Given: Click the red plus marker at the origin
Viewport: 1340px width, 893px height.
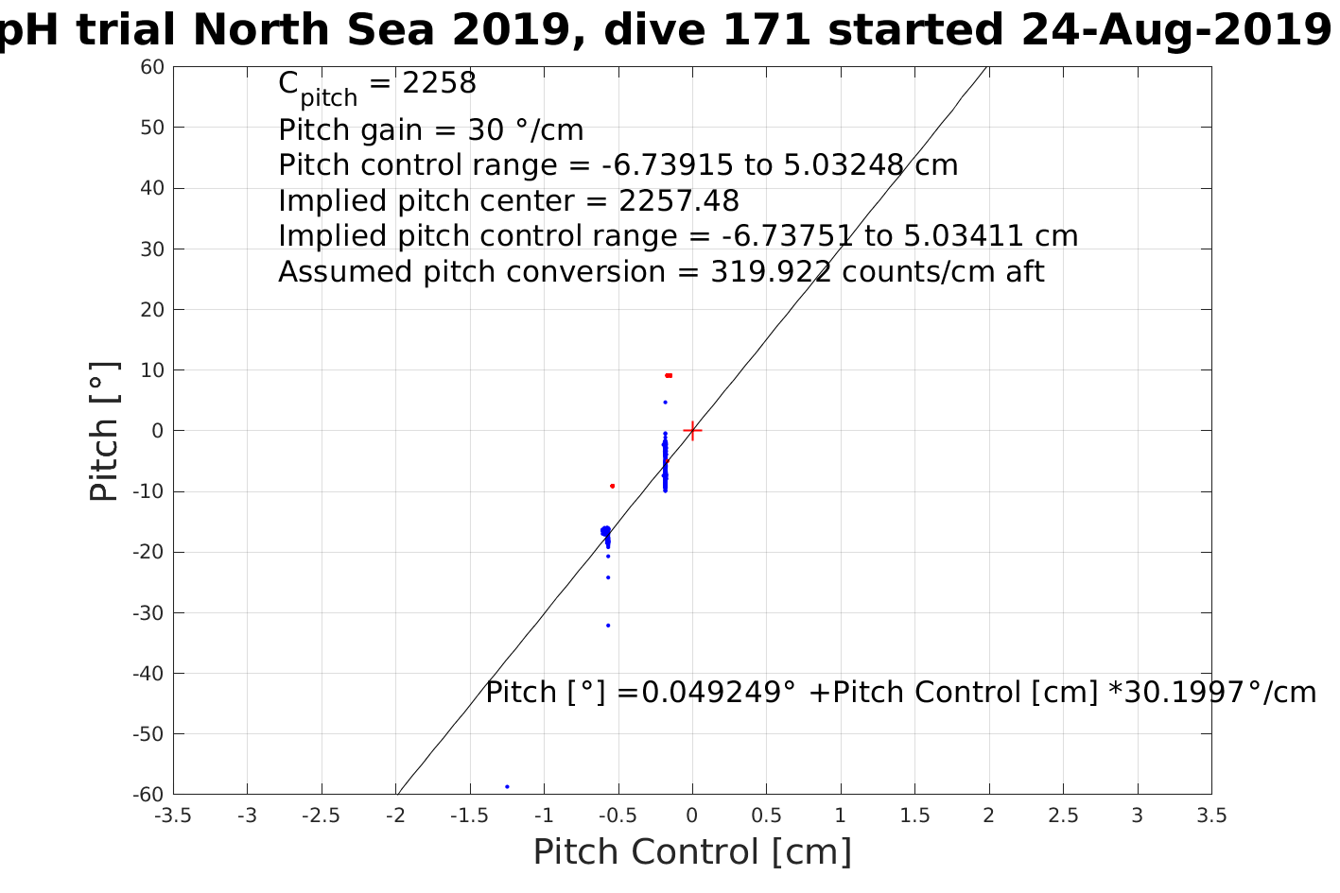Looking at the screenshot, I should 692,431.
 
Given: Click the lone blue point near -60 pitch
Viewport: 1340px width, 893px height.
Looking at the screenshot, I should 507,786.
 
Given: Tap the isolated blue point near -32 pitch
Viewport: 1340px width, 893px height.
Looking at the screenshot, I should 608,626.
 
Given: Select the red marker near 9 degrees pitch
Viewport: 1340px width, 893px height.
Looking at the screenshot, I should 669,375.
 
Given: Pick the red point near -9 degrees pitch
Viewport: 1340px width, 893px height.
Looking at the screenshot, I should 612,486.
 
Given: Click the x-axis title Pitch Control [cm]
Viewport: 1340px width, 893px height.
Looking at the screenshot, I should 692,852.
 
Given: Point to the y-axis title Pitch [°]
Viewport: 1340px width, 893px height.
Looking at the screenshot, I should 104,431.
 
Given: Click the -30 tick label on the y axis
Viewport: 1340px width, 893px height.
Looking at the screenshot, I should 148,612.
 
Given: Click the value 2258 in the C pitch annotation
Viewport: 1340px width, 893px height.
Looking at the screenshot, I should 440,83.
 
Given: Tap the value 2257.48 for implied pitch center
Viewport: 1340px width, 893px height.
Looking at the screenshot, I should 679,201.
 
